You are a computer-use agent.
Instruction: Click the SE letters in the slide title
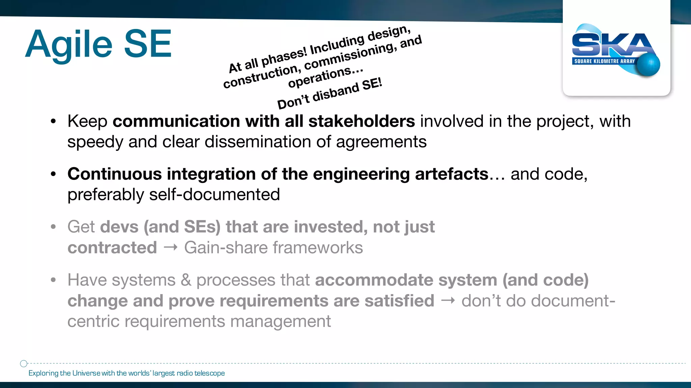tap(148, 44)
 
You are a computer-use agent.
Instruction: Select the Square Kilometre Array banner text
tap(604, 61)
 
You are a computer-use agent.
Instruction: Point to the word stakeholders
tap(361, 121)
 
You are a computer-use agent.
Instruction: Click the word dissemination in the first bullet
tap(257, 142)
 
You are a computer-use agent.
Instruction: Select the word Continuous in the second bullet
tap(115, 174)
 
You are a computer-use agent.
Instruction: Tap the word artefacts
tap(451, 174)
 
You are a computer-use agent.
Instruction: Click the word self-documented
tap(215, 195)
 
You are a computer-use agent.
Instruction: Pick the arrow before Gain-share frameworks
tap(170, 248)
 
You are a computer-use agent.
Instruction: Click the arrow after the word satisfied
tap(448, 300)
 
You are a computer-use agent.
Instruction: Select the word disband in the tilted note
tap(336, 92)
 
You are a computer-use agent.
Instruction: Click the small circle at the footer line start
tap(24, 363)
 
